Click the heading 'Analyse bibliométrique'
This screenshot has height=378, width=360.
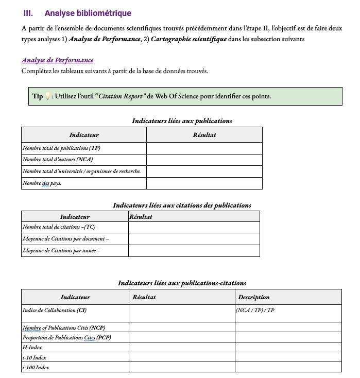pyautogui.click(x=88, y=13)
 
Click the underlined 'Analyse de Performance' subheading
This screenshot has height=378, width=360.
pyautogui.click(x=57, y=60)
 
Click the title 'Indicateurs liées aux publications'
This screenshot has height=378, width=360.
pyautogui.click(x=182, y=121)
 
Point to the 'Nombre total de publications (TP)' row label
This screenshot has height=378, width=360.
pyautogui.click(x=61, y=148)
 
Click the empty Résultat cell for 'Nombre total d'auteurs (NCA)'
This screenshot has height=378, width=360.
pyautogui.click(x=204, y=160)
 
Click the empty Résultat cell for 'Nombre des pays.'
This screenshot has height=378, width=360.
pyautogui.click(x=204, y=183)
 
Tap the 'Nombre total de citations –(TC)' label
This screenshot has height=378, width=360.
pyautogui.click(x=59, y=227)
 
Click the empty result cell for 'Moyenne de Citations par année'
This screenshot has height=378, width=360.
pyautogui.click(x=194, y=251)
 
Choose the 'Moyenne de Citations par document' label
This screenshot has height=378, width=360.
pyautogui.click(x=66, y=239)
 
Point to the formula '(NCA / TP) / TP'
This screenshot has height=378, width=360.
pyautogui.click(x=255, y=311)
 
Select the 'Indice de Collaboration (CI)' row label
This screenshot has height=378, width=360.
pyautogui.click(x=55, y=311)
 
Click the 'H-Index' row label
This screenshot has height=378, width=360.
pyautogui.click(x=32, y=348)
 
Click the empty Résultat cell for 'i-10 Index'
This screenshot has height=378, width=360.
pyautogui.click(x=181, y=357)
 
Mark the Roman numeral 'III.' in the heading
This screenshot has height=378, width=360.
pyautogui.click(x=28, y=13)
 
